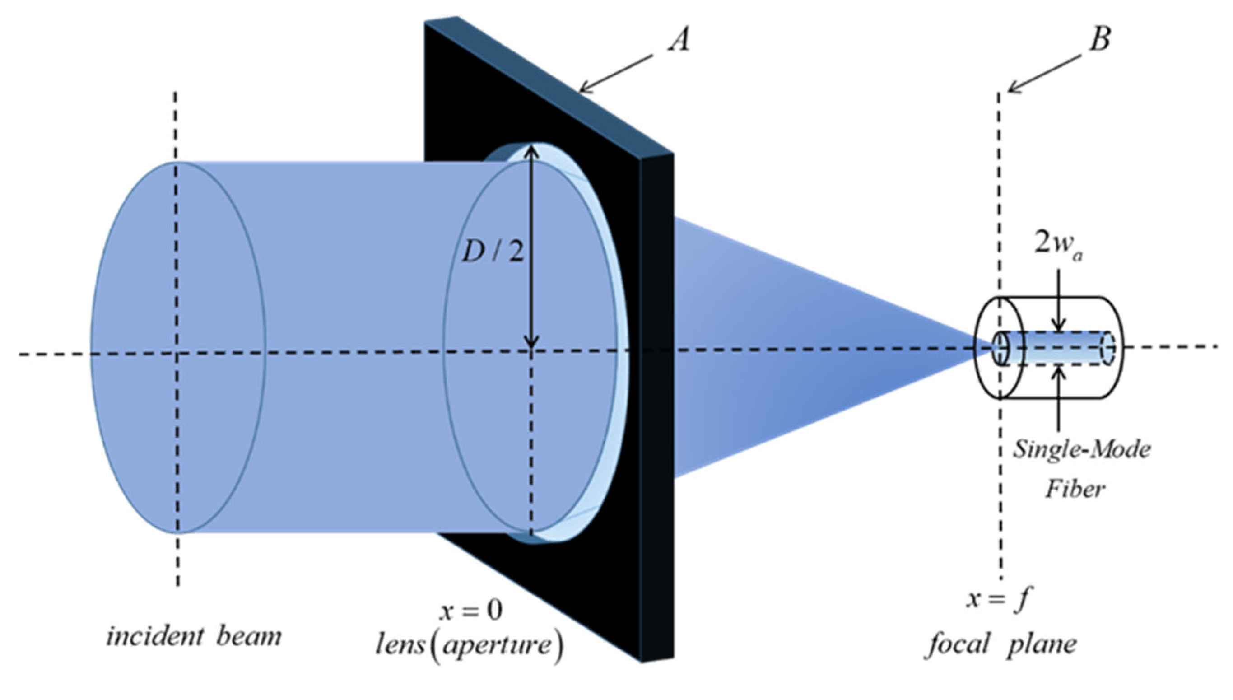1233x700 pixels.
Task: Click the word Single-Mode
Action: (1081, 450)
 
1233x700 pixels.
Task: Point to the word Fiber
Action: (1075, 490)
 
